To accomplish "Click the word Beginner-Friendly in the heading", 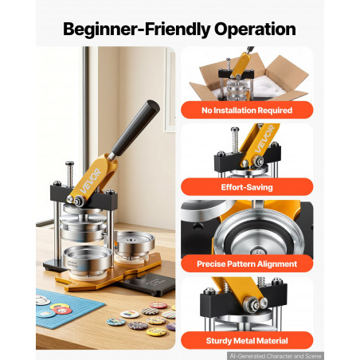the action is pyautogui.click(x=137, y=29).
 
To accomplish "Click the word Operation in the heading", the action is pyautogui.click(x=255, y=29).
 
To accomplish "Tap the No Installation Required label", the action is pyautogui.click(x=247, y=110).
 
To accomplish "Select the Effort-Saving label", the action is pyautogui.click(x=247, y=187).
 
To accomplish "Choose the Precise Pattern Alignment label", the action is pyautogui.click(x=247, y=264).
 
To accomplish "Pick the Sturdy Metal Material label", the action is pyautogui.click(x=247, y=341).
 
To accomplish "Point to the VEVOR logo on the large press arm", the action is pyautogui.click(x=91, y=181).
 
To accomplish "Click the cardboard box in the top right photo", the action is pyautogui.click(x=249, y=77).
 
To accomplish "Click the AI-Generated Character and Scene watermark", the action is pyautogui.click(x=276, y=356).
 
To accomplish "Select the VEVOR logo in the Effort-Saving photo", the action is pyautogui.click(x=264, y=139).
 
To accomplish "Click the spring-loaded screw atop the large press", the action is pyautogui.click(x=70, y=174).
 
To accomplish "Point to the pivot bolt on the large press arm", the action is pyautogui.click(x=79, y=201).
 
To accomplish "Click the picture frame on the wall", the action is pyautogui.click(x=170, y=89).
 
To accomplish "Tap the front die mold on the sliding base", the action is pyautogui.click(x=88, y=260).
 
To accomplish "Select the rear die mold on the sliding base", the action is pyautogui.click(x=135, y=245).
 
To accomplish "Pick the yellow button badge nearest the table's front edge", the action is pyautogui.click(x=156, y=332).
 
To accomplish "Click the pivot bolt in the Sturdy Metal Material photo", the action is pyautogui.click(x=251, y=303).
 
